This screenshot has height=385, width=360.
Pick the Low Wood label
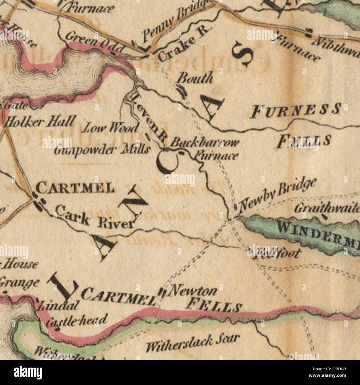pyautogui.click(x=111, y=128)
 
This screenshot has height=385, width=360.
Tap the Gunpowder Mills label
pyautogui.click(x=102, y=150)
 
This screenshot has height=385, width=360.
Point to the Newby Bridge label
pyautogui.click(x=277, y=194)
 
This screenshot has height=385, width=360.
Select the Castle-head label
pyautogui.click(x=76, y=320)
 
